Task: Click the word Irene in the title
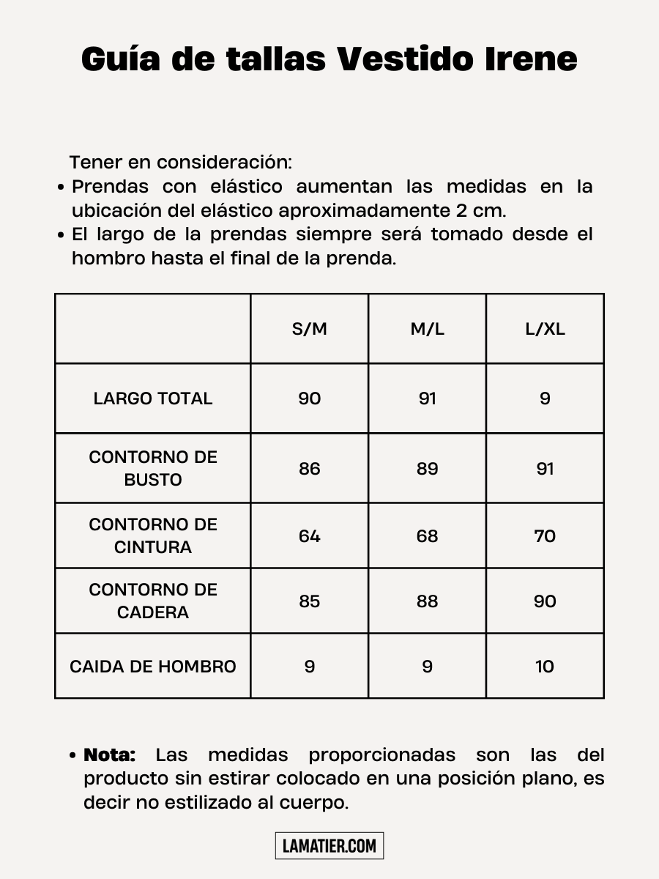pyautogui.click(x=531, y=59)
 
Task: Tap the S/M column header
pyautogui.click(x=310, y=329)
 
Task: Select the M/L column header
pyautogui.click(x=427, y=329)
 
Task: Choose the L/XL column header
pyautogui.click(x=545, y=329)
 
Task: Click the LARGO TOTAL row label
pyautogui.click(x=153, y=398)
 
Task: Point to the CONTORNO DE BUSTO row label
pyautogui.click(x=153, y=468)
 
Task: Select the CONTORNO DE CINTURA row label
pyautogui.click(x=153, y=535)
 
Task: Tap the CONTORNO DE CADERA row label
pyautogui.click(x=153, y=601)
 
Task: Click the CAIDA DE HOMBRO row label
pyautogui.click(x=153, y=667)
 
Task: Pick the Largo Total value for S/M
pyautogui.click(x=310, y=398)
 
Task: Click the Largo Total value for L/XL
pyautogui.click(x=545, y=398)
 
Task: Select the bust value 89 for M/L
pyautogui.click(x=427, y=469)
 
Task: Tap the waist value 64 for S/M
pyautogui.click(x=310, y=536)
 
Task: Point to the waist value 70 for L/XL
pyautogui.click(x=545, y=536)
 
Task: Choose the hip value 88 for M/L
pyautogui.click(x=427, y=601)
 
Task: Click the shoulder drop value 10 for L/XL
pyautogui.click(x=545, y=667)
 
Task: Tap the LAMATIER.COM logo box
pyautogui.click(x=329, y=846)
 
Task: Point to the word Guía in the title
pyautogui.click(x=119, y=59)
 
